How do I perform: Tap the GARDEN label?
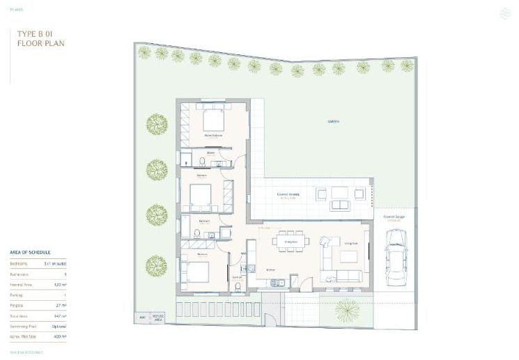[x=334, y=122]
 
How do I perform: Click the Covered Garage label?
[x=394, y=217]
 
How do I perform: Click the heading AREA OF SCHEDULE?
[x=30, y=252]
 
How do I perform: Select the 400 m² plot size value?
[x=60, y=336]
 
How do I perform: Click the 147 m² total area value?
[x=60, y=315]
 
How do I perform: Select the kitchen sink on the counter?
[x=277, y=281]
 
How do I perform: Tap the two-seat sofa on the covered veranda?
[x=340, y=205]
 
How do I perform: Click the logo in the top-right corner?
[x=505, y=13]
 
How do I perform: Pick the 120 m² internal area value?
[x=60, y=285]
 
